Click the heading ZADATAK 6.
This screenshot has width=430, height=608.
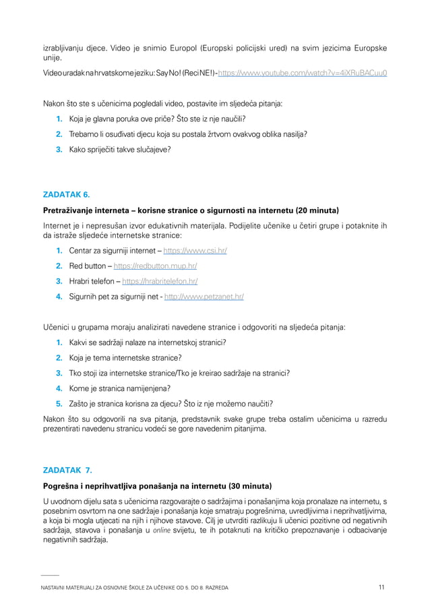pos(66,195)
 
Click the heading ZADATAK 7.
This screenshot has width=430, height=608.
pos(67,470)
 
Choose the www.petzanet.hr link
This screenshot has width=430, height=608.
pos(204,296)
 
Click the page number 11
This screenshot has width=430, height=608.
pos(381,588)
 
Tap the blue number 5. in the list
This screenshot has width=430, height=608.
pos(59,403)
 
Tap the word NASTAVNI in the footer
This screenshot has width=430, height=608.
pos(56,588)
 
